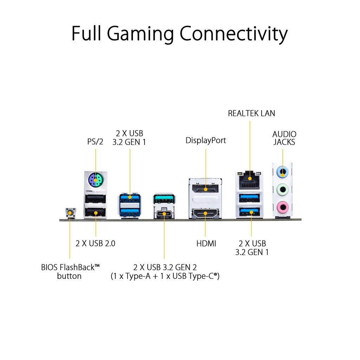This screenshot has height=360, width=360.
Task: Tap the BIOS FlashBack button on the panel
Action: click(x=70, y=213)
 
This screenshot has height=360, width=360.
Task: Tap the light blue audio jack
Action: click(x=283, y=172)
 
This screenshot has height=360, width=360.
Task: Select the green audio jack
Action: click(x=283, y=189)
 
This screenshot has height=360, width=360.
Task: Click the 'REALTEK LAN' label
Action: click(x=251, y=113)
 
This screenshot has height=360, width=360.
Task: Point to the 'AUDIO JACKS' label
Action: click(x=284, y=138)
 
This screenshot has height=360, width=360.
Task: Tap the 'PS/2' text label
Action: click(x=95, y=141)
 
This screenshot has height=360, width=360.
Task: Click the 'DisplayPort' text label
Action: click(x=206, y=141)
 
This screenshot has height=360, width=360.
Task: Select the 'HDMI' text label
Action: click(x=206, y=243)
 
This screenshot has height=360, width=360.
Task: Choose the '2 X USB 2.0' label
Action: click(x=95, y=243)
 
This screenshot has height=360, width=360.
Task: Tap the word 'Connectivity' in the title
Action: click(x=233, y=34)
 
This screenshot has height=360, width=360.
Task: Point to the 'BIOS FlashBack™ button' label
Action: click(x=70, y=271)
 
